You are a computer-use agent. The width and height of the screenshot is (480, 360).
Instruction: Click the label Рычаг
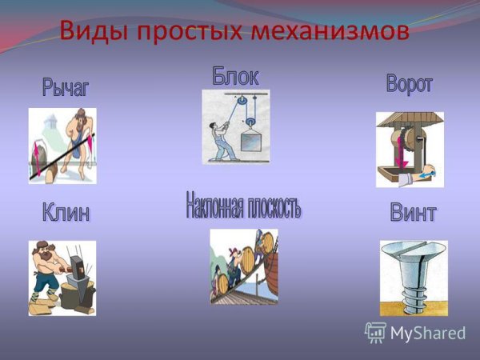(x=66, y=87)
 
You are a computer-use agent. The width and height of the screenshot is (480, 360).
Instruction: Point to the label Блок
(x=235, y=76)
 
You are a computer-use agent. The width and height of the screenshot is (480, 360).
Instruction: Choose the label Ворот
(x=409, y=85)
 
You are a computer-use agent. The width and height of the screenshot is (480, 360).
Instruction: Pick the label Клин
(x=66, y=213)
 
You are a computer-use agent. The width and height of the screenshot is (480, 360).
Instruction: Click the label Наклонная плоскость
(x=243, y=206)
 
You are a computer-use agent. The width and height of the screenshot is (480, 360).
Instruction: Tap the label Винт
(x=413, y=213)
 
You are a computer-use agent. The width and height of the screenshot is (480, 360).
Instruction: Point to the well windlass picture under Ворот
(x=410, y=150)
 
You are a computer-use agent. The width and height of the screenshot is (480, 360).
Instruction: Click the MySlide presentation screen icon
(x=376, y=333)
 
